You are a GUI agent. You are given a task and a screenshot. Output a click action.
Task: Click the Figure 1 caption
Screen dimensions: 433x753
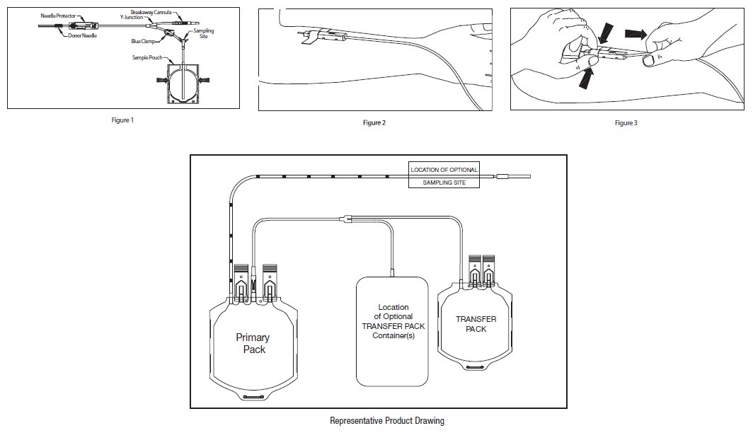coord(122,120)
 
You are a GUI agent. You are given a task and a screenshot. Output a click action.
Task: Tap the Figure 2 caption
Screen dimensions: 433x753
coord(374,123)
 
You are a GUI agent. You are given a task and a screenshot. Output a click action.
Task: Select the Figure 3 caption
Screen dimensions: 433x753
coord(626,123)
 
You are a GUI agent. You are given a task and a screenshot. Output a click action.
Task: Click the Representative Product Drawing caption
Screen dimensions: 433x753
coord(387,421)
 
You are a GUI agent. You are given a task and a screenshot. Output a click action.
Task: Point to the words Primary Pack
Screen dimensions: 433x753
coord(253,344)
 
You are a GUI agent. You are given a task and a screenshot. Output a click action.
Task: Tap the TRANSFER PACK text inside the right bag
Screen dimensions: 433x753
coord(476,324)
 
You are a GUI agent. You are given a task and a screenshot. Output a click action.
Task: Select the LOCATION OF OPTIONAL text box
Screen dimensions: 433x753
coord(444,170)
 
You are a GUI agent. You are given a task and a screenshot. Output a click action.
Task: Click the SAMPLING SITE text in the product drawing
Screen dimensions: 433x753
coord(444,183)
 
